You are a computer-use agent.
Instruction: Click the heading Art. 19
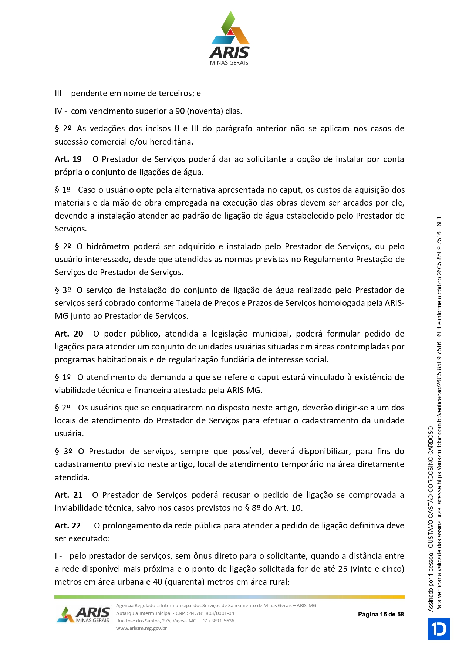(68, 159)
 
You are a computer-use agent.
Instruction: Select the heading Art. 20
(69, 334)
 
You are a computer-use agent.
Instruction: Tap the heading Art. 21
(68, 495)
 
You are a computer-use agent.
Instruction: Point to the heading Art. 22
(68, 526)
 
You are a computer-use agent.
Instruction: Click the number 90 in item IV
(180, 111)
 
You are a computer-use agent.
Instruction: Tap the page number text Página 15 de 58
(381, 614)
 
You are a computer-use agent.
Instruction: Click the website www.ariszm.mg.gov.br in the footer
(141, 628)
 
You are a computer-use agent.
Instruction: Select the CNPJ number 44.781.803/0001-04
(212, 613)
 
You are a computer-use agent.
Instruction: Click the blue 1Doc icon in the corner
(439, 629)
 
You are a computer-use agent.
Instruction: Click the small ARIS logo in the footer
(84, 615)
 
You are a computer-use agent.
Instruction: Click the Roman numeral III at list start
(58, 94)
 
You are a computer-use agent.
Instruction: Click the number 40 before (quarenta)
(158, 582)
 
